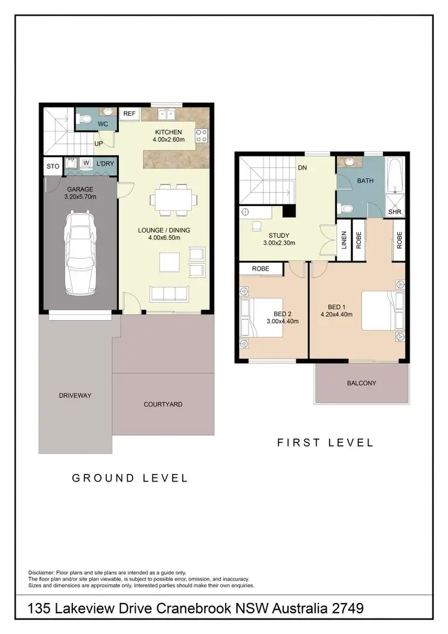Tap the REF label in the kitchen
[x=128, y=113]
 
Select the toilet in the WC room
[x=86, y=120]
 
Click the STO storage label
[x=53, y=167]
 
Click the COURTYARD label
[x=163, y=405]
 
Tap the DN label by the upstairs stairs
[x=302, y=168]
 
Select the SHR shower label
[x=394, y=212]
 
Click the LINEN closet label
[x=343, y=240]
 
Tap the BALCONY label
[x=361, y=383]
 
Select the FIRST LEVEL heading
[x=326, y=443]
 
